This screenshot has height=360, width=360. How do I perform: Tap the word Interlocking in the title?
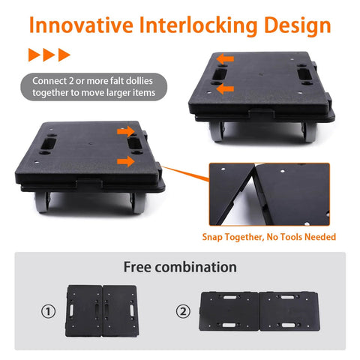coord(197,25)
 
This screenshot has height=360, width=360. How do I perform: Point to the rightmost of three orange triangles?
coord(64,55)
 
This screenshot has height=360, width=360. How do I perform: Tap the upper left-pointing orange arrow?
coord(225,58)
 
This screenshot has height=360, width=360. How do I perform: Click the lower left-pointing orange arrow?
coord(225,88)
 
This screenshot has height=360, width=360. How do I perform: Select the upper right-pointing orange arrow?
coord(125,131)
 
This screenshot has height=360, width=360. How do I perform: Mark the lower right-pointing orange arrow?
coord(125,160)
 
